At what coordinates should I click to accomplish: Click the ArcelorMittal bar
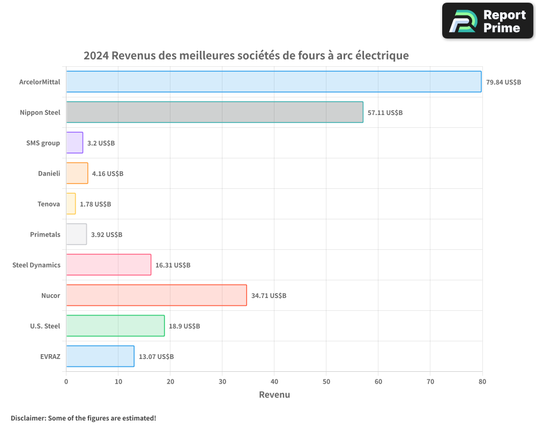273,82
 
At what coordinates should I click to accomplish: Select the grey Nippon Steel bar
214,112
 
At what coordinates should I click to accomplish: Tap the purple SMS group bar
75,143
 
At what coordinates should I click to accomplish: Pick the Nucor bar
156,295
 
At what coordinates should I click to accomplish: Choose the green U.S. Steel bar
115,326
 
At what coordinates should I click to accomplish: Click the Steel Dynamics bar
108,265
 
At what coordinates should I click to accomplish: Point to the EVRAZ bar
100,356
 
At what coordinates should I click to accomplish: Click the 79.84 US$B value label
503,82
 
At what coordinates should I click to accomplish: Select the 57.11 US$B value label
385,113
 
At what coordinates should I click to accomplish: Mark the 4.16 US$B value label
108,174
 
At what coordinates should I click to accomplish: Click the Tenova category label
49,204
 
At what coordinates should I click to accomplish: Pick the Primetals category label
46,235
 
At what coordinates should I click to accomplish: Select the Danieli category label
49,174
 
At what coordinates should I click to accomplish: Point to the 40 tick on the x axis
274,382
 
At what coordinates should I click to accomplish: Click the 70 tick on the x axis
430,382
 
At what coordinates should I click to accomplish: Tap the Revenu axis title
274,395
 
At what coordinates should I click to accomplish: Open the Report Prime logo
488,21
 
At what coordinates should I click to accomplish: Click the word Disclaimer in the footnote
28,418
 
